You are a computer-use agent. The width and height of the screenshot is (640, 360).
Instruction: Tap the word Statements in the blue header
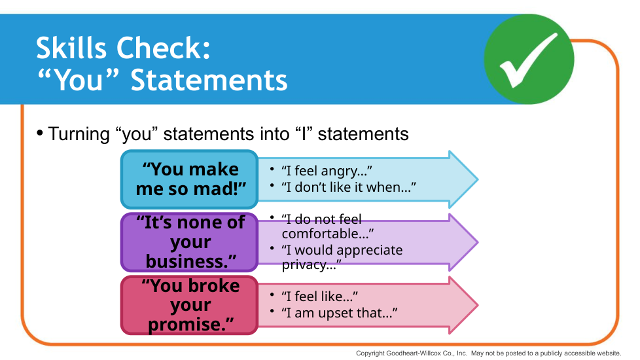(x=209, y=80)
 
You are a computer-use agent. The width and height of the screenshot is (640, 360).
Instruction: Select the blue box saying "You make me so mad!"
(x=189, y=179)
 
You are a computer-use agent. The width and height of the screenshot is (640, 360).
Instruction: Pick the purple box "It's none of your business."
(x=189, y=242)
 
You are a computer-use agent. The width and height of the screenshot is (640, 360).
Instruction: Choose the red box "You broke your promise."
(x=189, y=305)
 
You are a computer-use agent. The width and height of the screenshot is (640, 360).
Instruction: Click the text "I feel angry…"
(x=327, y=171)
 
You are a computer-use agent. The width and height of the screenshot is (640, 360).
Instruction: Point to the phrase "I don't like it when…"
(x=349, y=187)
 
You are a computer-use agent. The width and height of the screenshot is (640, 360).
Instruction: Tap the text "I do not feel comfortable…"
(x=327, y=226)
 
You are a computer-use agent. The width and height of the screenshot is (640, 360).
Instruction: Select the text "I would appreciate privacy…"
(x=342, y=257)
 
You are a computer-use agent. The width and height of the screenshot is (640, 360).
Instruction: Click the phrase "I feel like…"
(x=319, y=297)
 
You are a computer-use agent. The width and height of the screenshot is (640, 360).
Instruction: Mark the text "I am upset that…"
(x=339, y=313)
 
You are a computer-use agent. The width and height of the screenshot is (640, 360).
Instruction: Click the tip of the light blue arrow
(x=478, y=179)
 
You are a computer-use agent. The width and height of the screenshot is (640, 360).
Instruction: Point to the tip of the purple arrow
(x=478, y=242)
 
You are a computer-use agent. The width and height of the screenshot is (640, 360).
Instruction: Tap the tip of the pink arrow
(x=478, y=305)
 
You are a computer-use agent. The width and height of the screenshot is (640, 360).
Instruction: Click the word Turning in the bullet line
(x=79, y=134)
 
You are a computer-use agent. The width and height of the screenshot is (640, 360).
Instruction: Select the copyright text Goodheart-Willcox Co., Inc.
(x=426, y=353)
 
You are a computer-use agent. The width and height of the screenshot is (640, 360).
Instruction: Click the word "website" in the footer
(x=606, y=353)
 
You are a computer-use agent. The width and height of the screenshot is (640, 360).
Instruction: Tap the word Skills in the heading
(x=71, y=48)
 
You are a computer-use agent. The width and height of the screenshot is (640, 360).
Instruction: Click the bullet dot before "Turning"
(x=40, y=133)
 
